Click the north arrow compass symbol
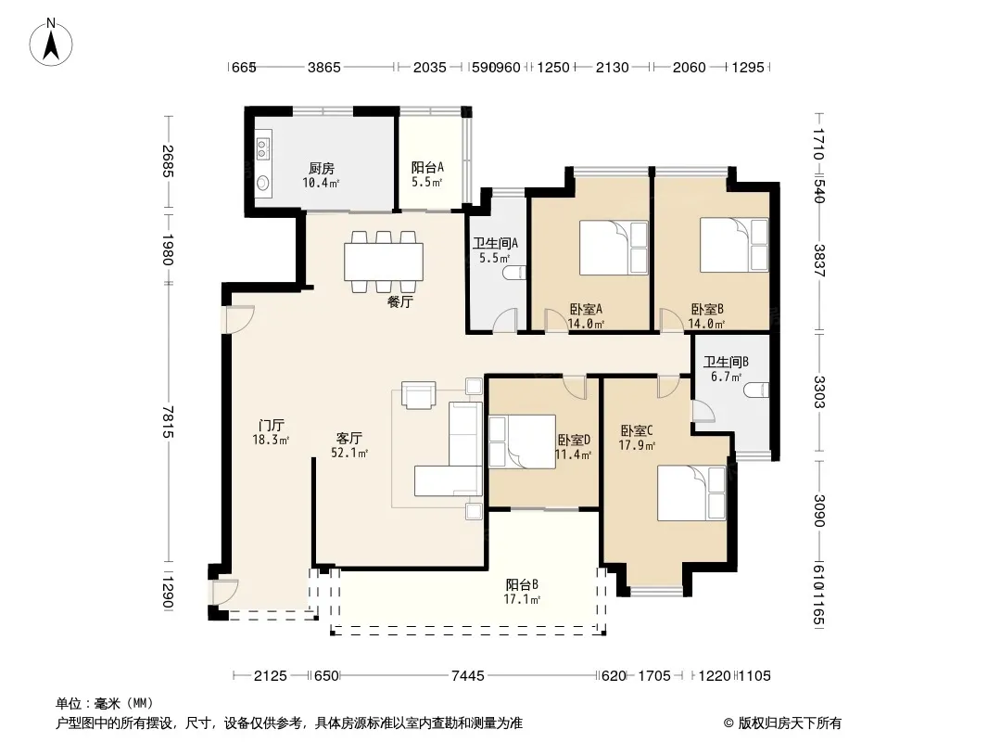[51, 42]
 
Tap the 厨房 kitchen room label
[322, 168]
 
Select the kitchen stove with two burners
[263, 148]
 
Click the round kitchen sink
[263, 183]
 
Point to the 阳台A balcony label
[427, 167]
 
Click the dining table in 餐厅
[383, 262]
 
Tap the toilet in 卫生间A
[514, 273]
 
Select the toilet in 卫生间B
[756, 390]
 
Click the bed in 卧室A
[614, 247]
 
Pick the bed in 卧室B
[734, 245]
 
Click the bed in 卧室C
[691, 493]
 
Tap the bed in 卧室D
[523, 441]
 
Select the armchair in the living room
[418, 395]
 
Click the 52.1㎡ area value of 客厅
[349, 453]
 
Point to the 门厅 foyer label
[271, 426]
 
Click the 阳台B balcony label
[522, 585]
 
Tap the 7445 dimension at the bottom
[468, 676]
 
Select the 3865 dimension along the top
[323, 67]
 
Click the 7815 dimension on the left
[168, 422]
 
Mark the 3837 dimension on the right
[818, 261]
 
